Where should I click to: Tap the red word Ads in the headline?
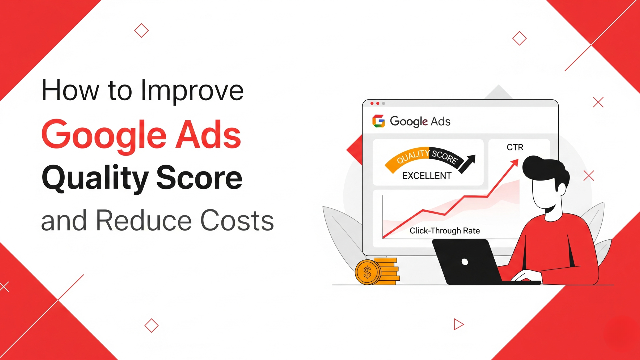click(208, 135)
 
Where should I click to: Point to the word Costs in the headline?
click(237, 221)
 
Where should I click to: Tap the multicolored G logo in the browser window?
click(378, 121)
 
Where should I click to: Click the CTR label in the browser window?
click(515, 147)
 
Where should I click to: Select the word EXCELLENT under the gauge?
click(427, 176)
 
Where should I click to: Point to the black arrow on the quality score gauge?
click(468, 163)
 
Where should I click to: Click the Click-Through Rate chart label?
click(445, 231)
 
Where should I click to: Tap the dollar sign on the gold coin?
click(367, 272)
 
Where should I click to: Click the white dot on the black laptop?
click(465, 262)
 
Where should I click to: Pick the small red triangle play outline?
click(458, 324)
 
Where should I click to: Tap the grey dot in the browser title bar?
click(383, 103)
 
